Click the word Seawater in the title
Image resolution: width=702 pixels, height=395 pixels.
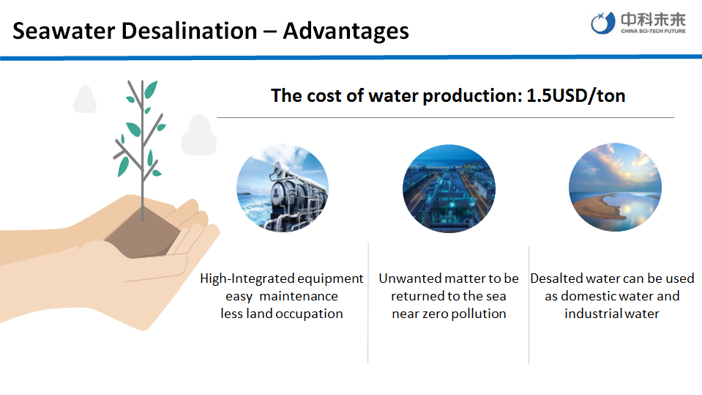tap(63, 31)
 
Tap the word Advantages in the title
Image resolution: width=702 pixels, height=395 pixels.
tap(346, 32)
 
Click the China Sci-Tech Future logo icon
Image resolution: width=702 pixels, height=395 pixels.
tap(602, 23)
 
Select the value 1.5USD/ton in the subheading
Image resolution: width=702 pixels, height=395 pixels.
tap(576, 95)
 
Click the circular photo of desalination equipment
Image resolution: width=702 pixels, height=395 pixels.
tap(283, 188)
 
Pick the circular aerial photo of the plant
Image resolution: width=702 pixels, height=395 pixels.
tap(449, 188)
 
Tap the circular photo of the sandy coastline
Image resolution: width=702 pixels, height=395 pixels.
tap(615, 188)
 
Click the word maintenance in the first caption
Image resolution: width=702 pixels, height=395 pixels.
tap(299, 296)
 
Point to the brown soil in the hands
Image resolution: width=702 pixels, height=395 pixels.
tap(142, 235)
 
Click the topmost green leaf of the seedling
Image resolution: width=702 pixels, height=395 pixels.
tap(151, 89)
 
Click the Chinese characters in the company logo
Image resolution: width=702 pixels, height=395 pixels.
tap(653, 21)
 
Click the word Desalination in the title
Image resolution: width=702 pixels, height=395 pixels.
tap(190, 31)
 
